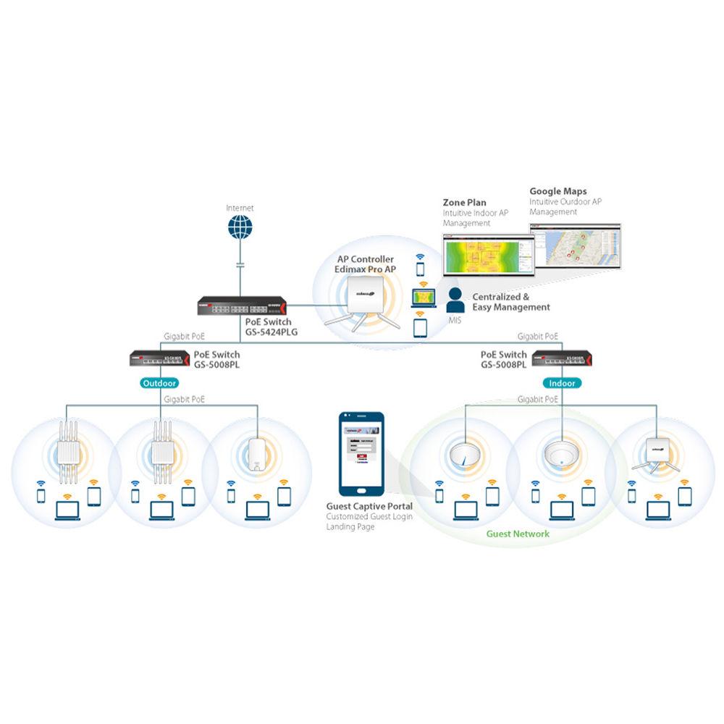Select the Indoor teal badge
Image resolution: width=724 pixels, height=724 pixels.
coord(562,384)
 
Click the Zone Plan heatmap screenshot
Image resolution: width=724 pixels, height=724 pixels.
coord(487,256)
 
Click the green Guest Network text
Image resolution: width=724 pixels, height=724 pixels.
coord(518,534)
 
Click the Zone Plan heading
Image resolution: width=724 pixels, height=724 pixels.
coord(464,203)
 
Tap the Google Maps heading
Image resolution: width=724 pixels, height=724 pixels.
coord(559,191)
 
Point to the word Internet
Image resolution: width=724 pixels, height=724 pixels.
coord(240,207)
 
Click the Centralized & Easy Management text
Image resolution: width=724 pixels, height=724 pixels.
coord(510,302)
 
